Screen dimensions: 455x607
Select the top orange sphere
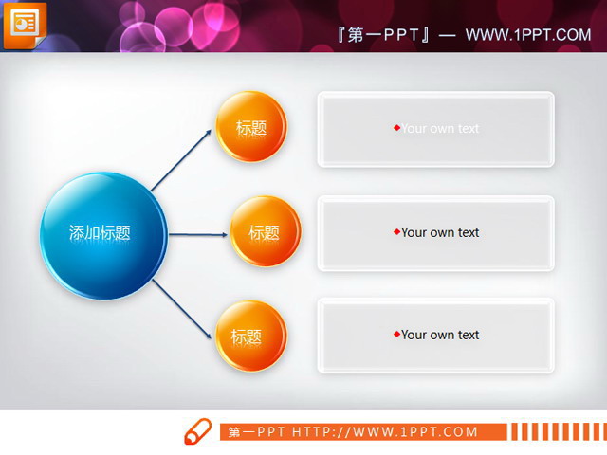[251, 126]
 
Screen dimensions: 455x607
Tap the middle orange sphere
[265, 231]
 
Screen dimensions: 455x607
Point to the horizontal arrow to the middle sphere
[199, 232]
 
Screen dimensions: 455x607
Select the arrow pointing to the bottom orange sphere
[182, 309]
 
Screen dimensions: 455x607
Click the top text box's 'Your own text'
[440, 129]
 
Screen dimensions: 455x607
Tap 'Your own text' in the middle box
[440, 232]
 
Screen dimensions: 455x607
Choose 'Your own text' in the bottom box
[440, 335]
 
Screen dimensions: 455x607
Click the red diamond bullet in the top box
[396, 128]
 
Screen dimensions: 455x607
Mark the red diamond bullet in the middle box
[396, 231]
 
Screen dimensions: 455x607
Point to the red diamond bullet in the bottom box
[396, 334]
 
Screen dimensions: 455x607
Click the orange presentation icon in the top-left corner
[24, 24]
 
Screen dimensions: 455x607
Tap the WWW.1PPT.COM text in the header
[528, 35]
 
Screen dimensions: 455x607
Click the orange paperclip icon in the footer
[197, 430]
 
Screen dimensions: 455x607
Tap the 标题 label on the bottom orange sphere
[246, 337]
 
